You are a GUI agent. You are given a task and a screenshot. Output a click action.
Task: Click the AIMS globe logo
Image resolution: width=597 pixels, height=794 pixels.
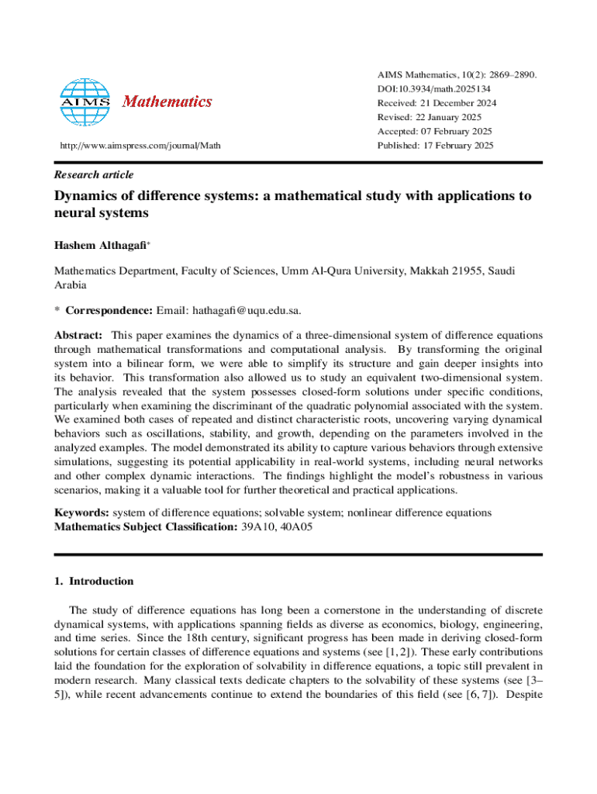tap(85, 102)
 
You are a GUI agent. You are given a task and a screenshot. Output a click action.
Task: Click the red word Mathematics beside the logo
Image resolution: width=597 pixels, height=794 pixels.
tap(167, 102)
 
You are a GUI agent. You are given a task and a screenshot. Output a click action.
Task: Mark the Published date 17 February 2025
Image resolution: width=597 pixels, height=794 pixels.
tap(461, 146)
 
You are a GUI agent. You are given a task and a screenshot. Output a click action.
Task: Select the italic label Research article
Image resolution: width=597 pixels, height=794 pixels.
tap(93, 174)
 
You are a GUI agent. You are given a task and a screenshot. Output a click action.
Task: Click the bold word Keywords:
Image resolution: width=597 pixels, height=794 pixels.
tap(81, 513)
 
